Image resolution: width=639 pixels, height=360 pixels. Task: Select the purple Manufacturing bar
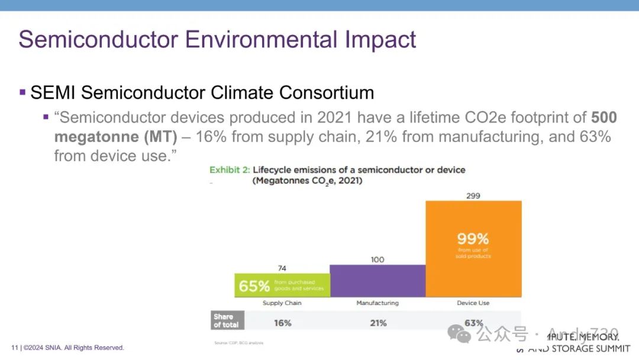click(x=377, y=281)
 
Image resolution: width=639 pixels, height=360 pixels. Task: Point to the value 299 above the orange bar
click(x=473, y=195)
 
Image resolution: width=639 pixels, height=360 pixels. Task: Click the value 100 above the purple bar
click(x=377, y=259)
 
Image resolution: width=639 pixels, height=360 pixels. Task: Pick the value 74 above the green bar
click(x=282, y=268)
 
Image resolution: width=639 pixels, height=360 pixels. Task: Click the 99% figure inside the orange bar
click(x=473, y=239)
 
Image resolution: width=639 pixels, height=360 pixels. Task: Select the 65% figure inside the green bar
click(x=254, y=287)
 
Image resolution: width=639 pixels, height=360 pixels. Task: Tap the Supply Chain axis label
click(x=282, y=303)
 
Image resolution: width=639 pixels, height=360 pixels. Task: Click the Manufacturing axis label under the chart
click(x=377, y=303)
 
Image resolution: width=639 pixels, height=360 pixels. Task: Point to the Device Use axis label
click(x=473, y=303)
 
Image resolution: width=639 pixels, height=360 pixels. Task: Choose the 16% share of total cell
click(x=282, y=323)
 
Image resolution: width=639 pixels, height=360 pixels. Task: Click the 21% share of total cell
click(x=377, y=323)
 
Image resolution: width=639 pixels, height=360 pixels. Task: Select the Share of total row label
click(x=226, y=321)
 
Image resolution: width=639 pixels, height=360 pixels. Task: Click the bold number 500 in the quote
click(x=604, y=117)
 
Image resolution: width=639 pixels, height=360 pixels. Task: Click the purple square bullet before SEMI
click(x=22, y=92)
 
